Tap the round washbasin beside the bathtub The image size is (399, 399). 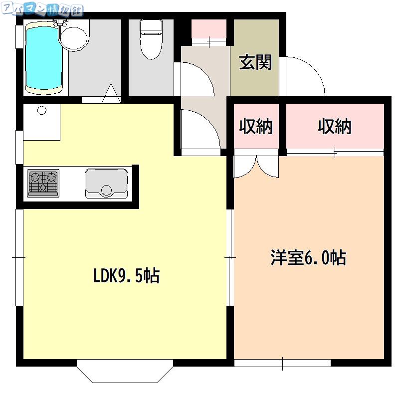click(74, 38)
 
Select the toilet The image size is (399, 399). click(151, 39)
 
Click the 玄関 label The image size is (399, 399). click(255, 62)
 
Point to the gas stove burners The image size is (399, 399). click(43, 183)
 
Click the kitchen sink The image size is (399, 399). click(106, 183)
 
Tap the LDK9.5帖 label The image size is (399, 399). click(127, 276)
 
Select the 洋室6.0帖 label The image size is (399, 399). click(308, 257)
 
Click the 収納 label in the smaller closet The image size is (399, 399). click(256, 126)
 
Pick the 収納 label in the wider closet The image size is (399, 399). click(335, 126)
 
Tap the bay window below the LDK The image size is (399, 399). click(125, 371)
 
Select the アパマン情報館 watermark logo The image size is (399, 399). click(42, 9)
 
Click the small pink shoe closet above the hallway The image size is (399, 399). click(208, 29)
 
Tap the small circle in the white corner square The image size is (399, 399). click(42, 110)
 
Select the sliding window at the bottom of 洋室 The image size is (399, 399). click(282, 363)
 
